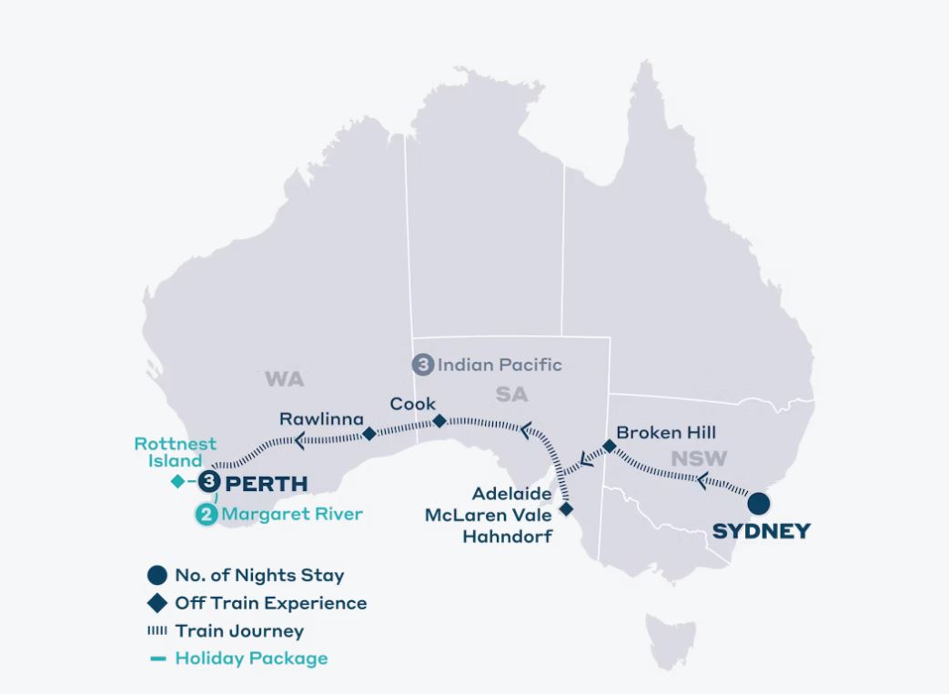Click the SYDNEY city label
[x=761, y=531]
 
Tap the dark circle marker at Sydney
[x=757, y=504]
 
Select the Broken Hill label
[x=667, y=432]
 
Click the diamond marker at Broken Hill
[x=610, y=447]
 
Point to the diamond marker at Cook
[x=439, y=421]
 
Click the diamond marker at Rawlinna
[x=369, y=434]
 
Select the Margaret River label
[x=292, y=514]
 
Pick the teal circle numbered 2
[x=207, y=515]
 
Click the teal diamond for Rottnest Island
[x=177, y=481]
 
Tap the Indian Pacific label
[x=500, y=365]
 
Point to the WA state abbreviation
[x=284, y=379]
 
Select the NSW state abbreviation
[x=699, y=459]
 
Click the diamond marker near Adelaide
[x=566, y=509]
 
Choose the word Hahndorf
[x=507, y=537]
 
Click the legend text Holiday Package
[x=251, y=658]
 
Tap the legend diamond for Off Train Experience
[x=158, y=602]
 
